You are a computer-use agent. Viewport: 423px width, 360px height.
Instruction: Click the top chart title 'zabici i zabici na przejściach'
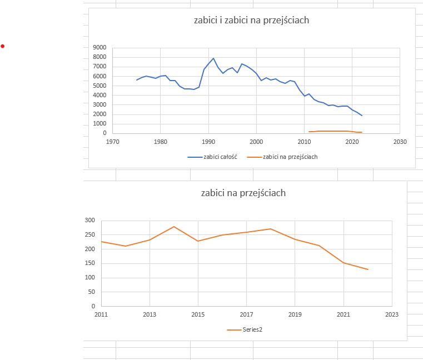(x=251, y=21)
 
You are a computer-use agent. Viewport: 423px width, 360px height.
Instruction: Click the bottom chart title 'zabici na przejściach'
(x=243, y=193)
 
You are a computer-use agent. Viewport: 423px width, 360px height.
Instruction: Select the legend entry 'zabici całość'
(x=213, y=157)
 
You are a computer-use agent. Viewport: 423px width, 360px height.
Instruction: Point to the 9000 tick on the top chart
(x=100, y=48)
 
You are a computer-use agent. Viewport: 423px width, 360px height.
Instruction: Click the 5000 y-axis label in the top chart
(x=100, y=86)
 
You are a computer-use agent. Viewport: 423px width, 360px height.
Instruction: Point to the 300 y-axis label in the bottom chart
(x=90, y=221)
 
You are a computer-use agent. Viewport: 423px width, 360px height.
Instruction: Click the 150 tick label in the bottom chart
(x=90, y=263)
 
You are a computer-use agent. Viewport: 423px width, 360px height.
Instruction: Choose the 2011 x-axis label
(x=101, y=314)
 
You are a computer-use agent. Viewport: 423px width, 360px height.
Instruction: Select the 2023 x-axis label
(x=392, y=314)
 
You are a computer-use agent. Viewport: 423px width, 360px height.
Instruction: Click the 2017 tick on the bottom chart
(x=246, y=314)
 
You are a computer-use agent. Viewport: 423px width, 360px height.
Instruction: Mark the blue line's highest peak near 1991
(x=213, y=58)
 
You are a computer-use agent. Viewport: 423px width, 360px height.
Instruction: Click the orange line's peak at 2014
(x=174, y=227)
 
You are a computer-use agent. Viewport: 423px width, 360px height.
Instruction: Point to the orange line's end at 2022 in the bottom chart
(x=368, y=269)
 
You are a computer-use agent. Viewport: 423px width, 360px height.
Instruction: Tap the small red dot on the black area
(x=2, y=46)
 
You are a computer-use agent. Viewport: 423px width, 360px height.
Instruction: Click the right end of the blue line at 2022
(x=362, y=116)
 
